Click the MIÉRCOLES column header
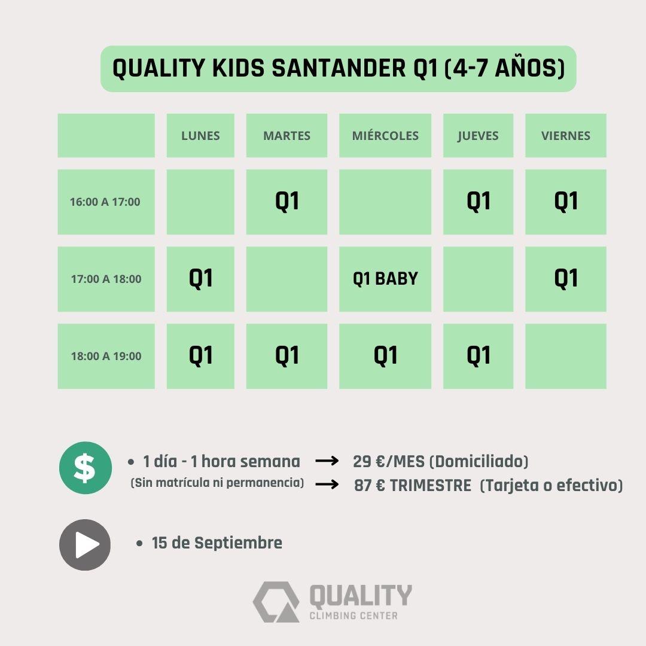[385, 136]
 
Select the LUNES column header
[200, 136]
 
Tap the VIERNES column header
[566, 136]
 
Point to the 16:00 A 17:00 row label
[106, 202]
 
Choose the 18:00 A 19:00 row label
[106, 356]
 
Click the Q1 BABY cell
[385, 279]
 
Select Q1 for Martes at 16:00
[287, 202]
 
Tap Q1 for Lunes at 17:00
[200, 279]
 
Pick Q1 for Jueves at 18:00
[479, 356]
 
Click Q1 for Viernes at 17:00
[566, 279]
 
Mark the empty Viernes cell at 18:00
[566, 356]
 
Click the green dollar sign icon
[86, 468]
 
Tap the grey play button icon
[85, 545]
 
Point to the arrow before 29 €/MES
[327, 461]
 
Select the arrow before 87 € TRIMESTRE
[327, 484]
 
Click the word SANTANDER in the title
[339, 68]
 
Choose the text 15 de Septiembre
[217, 543]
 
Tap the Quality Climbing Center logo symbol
[276, 602]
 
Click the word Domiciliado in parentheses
[479, 461]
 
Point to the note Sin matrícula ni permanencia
[217, 483]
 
